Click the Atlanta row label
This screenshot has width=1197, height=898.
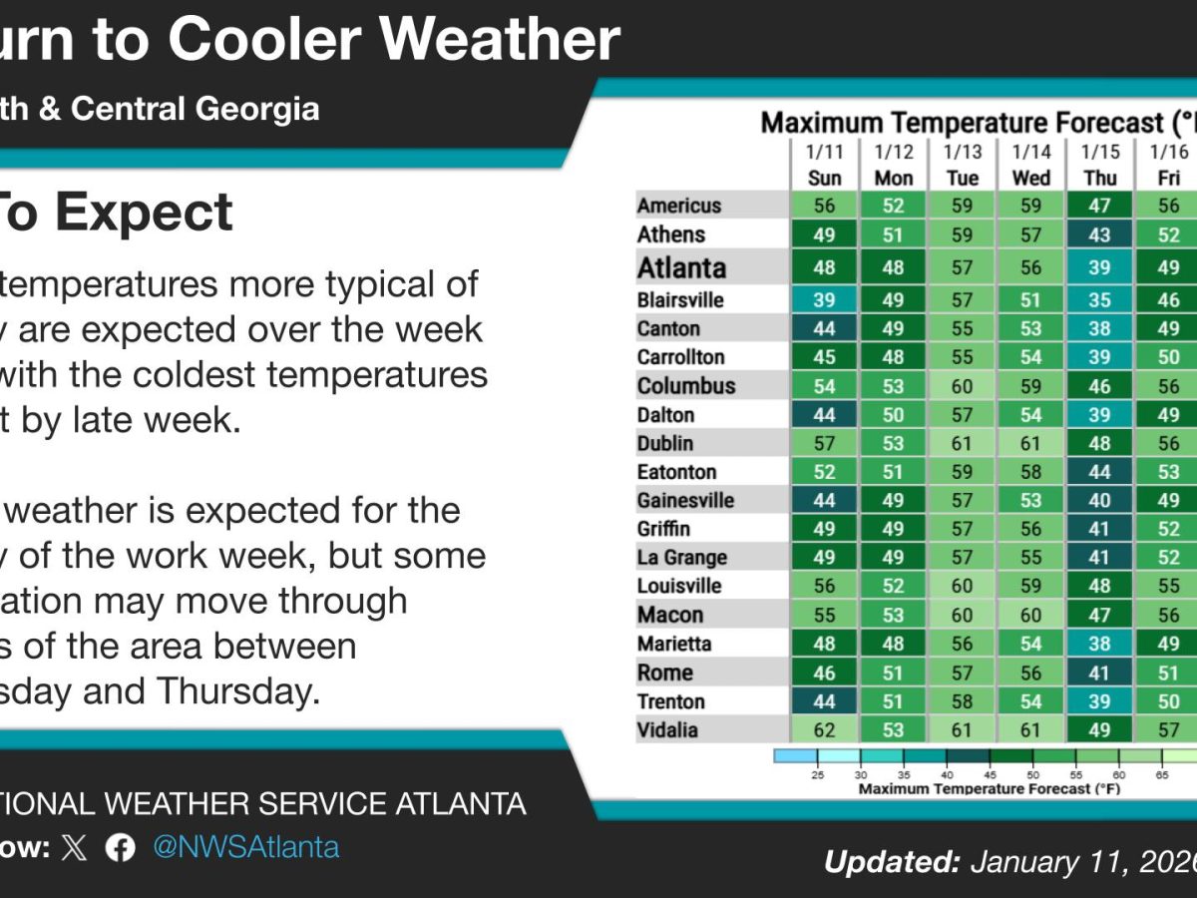pos(683,268)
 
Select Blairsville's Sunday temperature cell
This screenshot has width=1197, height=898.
pos(824,300)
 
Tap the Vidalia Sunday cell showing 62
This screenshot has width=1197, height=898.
pos(824,730)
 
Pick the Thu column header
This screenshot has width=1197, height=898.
pos(1100,178)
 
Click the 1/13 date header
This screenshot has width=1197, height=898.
pos(963,152)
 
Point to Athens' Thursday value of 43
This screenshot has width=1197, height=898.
pos(1100,235)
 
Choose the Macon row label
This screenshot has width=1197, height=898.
pos(670,615)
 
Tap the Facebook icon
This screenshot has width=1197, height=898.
pos(121,848)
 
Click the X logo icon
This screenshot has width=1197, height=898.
pos(75,848)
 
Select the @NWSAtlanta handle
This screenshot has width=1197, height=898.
pos(245,848)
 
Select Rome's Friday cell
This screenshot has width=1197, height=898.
pos(1168,673)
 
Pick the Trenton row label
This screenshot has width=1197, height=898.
pos(670,701)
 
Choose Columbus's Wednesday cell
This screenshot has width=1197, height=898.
pos(1031,386)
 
